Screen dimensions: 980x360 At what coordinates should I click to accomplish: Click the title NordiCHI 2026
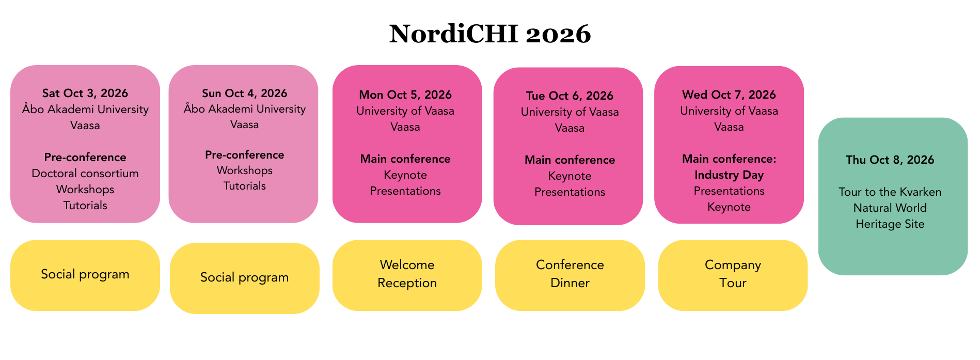[490, 34]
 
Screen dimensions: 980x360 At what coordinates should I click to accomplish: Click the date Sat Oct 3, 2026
[85, 93]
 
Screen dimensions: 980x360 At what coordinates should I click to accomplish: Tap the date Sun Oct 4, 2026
[244, 93]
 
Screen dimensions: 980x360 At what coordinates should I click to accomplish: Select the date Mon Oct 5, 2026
[405, 95]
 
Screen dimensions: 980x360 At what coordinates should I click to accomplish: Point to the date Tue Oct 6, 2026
[570, 96]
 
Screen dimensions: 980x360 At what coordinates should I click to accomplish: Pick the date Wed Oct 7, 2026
[729, 95]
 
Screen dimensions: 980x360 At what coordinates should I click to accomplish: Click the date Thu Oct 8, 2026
[890, 160]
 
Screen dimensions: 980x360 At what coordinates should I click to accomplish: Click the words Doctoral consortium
[85, 173]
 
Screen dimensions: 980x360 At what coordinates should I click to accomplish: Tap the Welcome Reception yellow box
[407, 275]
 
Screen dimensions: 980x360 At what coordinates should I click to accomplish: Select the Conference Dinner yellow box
[570, 275]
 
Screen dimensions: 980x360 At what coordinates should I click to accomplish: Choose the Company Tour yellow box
[733, 275]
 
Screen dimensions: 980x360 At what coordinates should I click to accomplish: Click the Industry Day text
[729, 175]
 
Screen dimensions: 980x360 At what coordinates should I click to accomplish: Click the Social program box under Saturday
[85, 275]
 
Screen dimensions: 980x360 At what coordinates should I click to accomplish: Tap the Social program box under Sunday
[245, 278]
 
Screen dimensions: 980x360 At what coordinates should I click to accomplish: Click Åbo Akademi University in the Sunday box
[245, 108]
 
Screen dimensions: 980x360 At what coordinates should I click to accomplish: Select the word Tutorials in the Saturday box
[85, 205]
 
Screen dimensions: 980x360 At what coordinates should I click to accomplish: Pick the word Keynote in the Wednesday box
[729, 207]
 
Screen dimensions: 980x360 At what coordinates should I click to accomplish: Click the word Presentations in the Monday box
[405, 191]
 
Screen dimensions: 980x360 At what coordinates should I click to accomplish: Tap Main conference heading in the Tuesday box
[570, 160]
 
